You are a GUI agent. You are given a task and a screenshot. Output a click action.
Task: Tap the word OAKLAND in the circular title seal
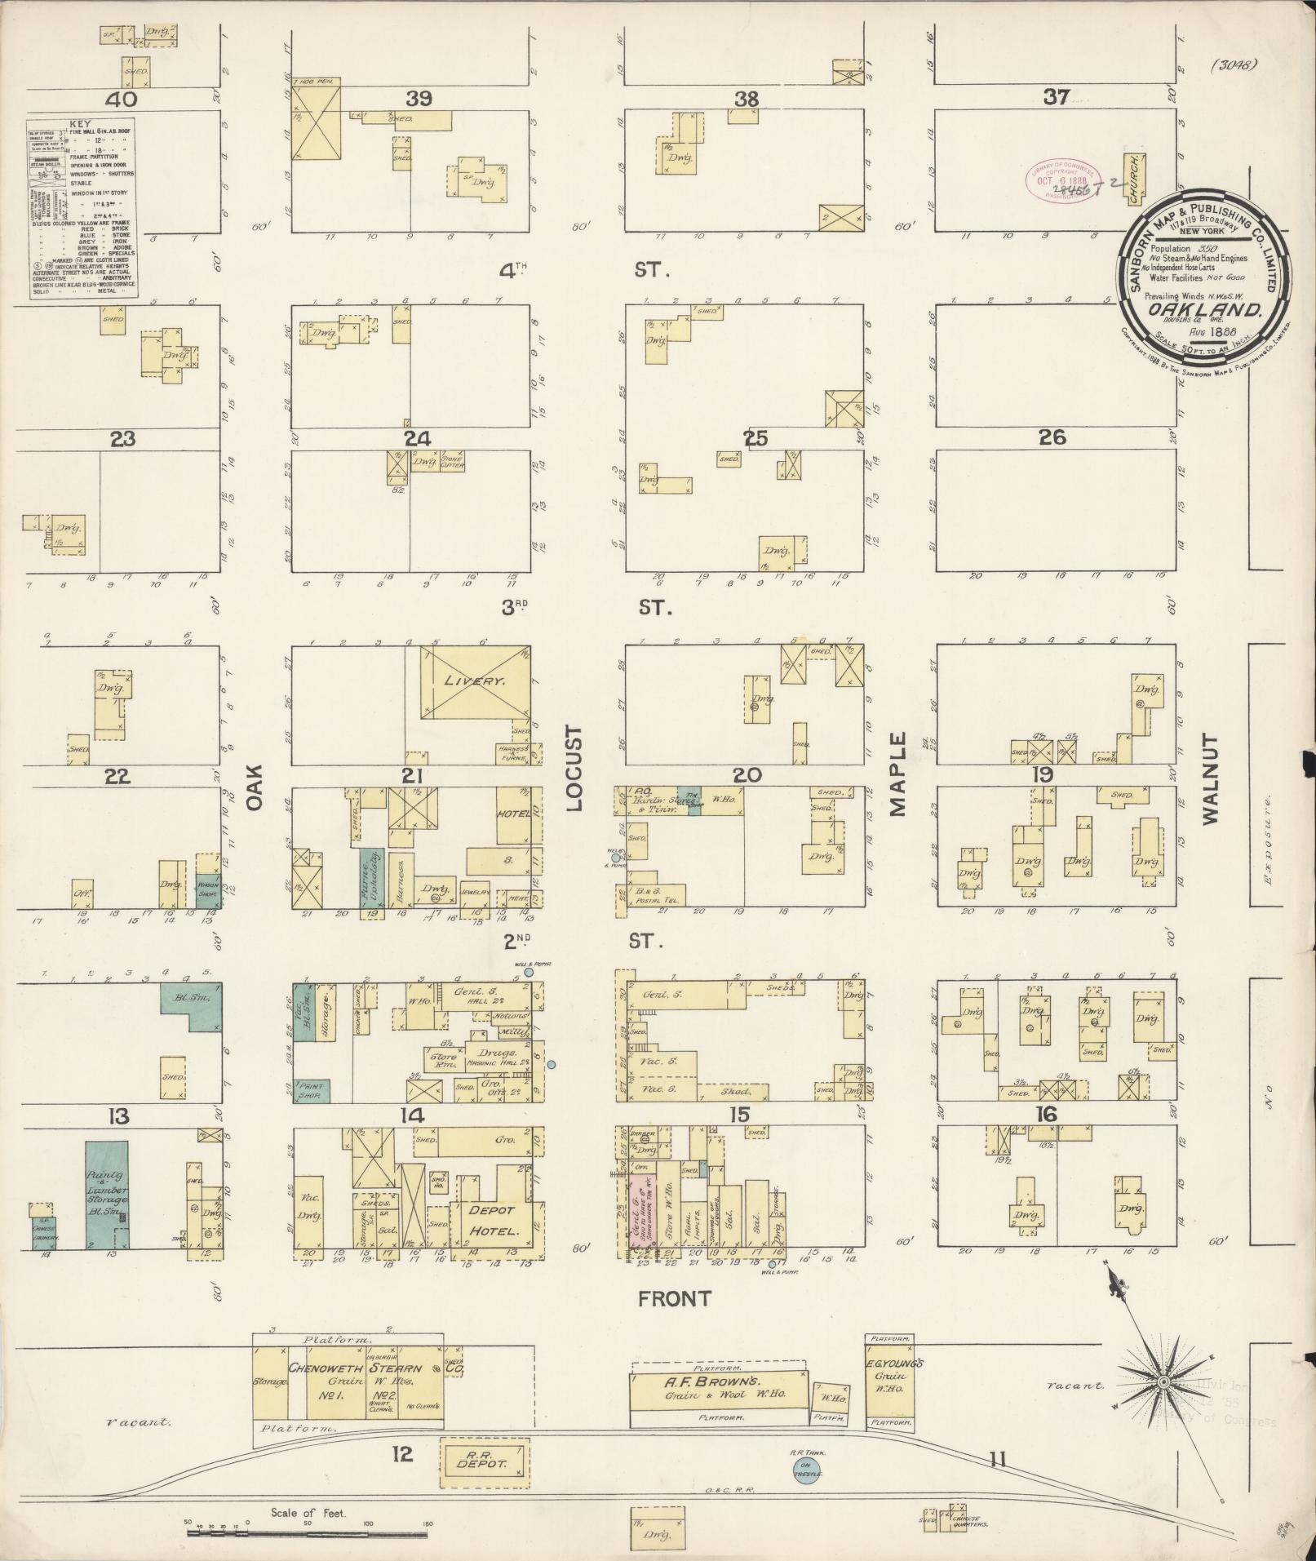pyautogui.click(x=1206, y=310)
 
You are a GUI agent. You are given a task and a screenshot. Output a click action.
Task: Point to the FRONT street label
pyautogui.click(x=675, y=1299)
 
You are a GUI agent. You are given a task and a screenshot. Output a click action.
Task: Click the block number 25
pyautogui.click(x=755, y=439)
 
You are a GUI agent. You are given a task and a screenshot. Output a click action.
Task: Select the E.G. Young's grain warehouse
pyautogui.click(x=891, y=1379)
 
